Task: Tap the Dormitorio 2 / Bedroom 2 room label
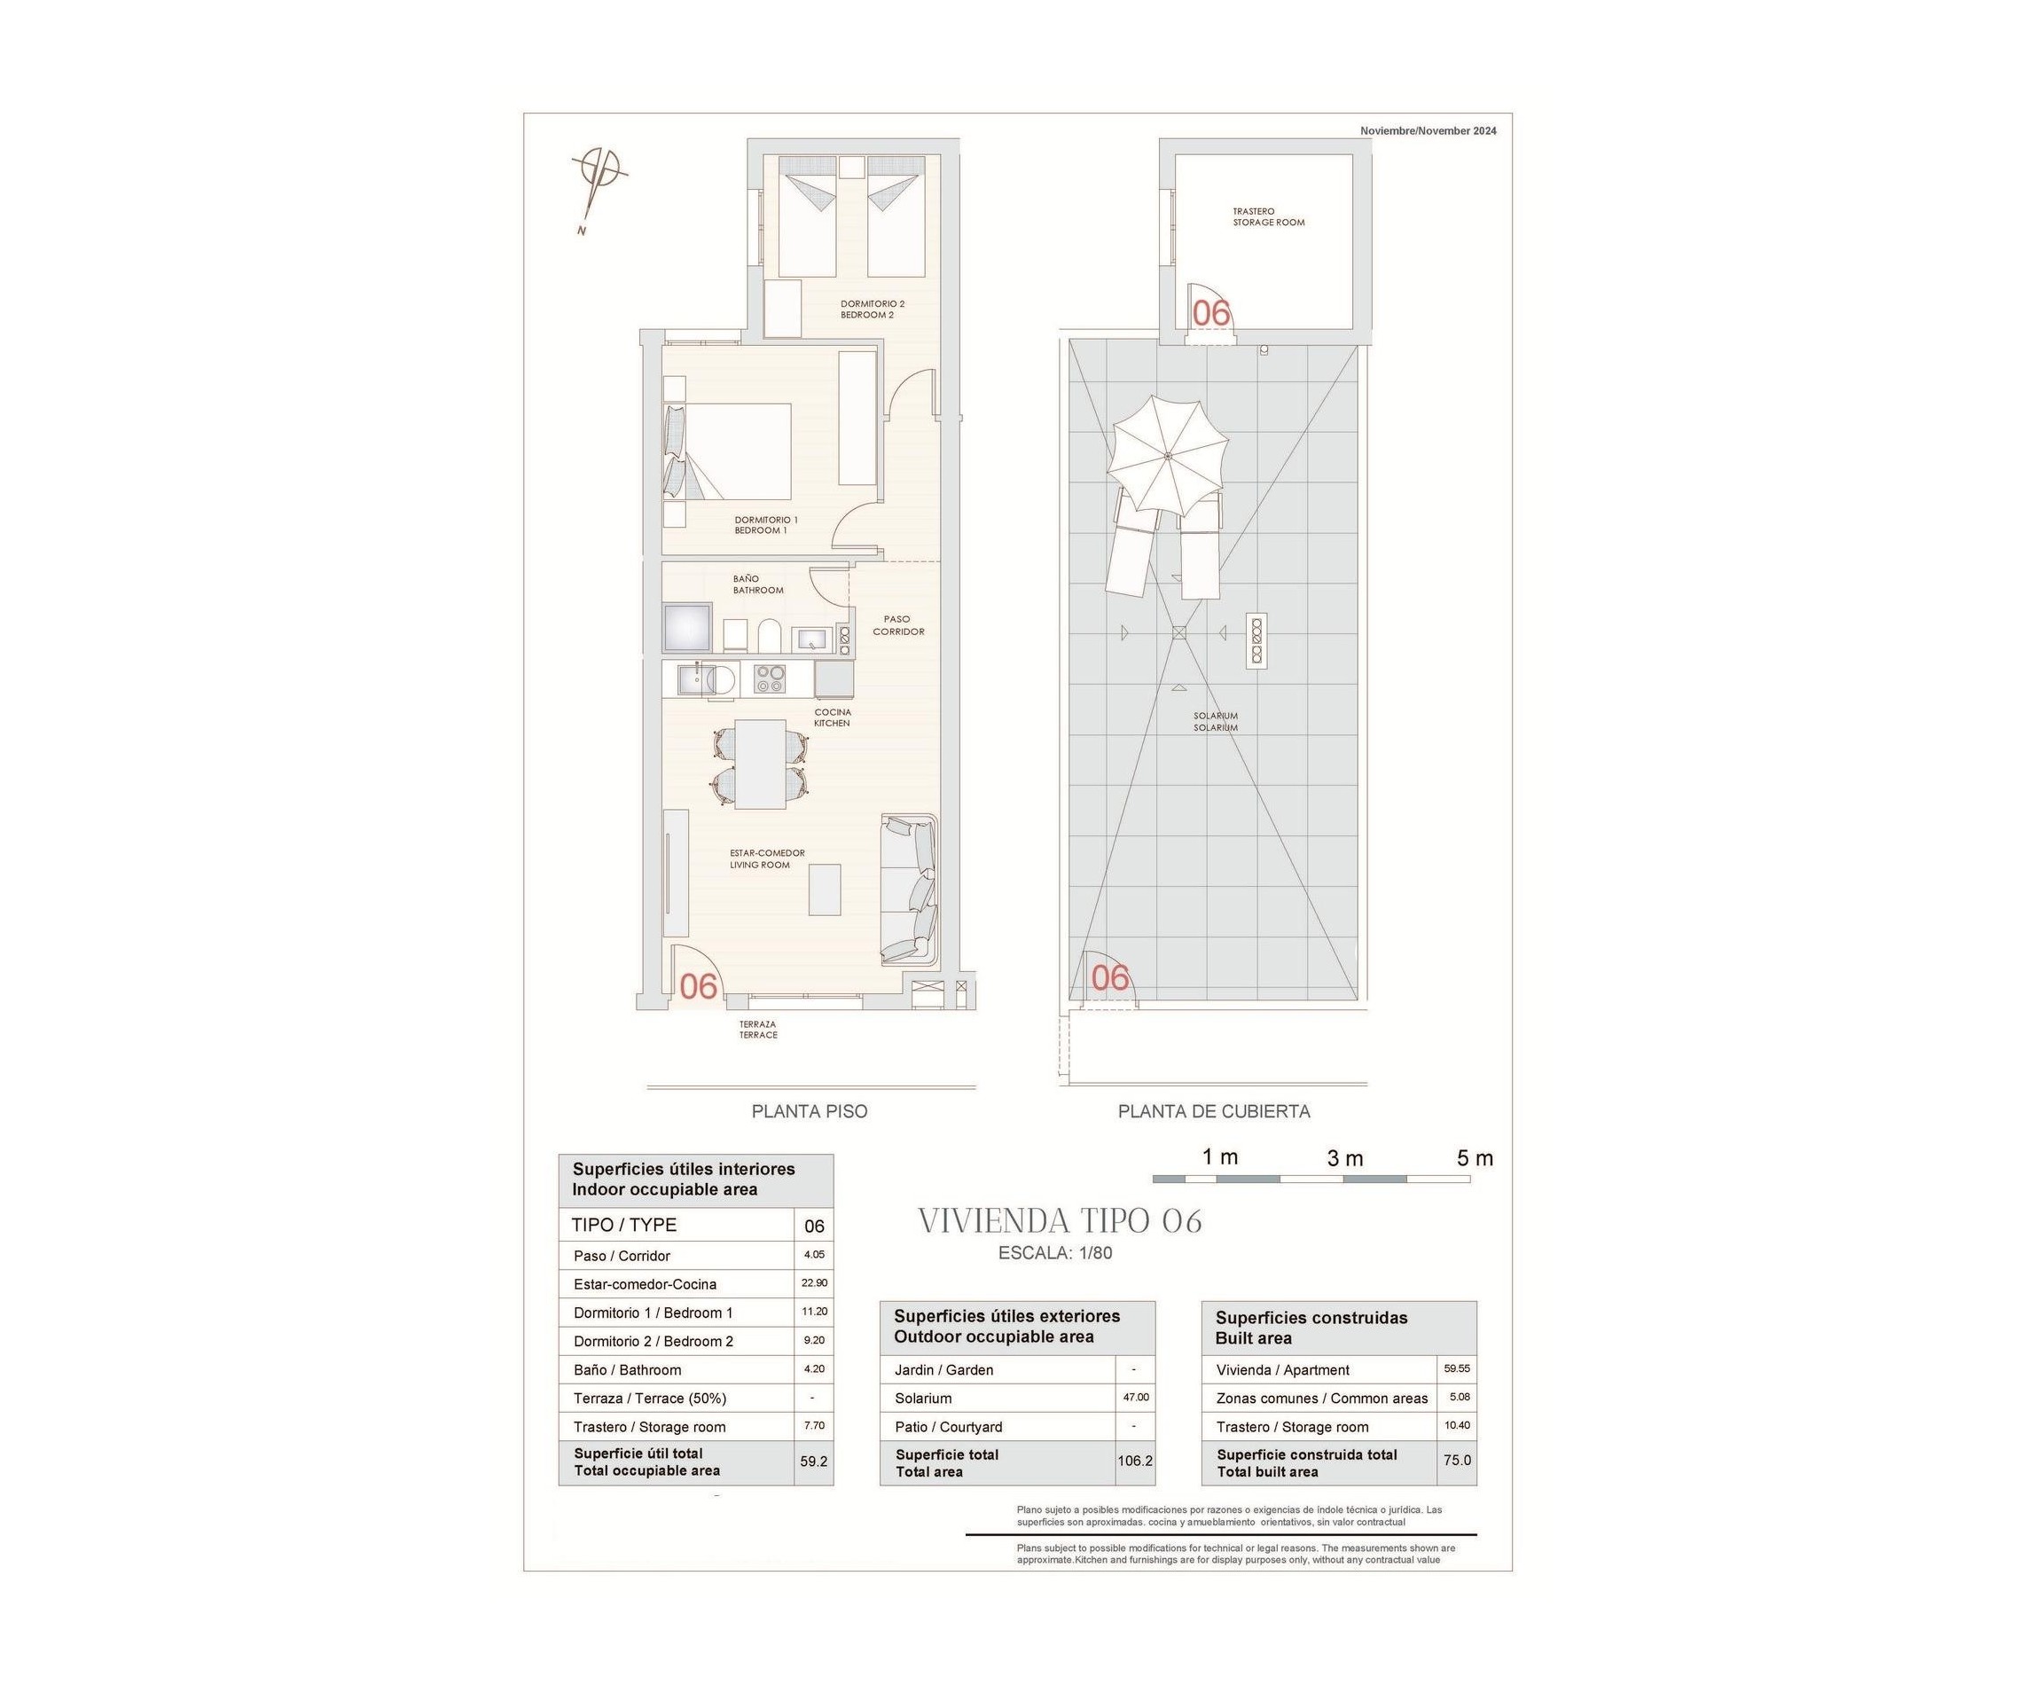click(872, 310)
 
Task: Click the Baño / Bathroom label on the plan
click(757, 584)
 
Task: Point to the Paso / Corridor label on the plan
click(897, 625)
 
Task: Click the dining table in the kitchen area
click(759, 763)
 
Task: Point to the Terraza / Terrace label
click(758, 1029)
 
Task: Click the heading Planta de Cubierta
click(1213, 1111)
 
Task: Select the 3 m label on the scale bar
click(1345, 1158)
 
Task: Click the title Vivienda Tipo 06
click(1060, 1221)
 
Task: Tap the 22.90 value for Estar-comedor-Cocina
click(813, 1282)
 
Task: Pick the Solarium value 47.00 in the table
click(1135, 1397)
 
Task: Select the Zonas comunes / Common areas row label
click(1321, 1399)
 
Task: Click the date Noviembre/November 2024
click(1428, 131)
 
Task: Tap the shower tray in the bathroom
click(687, 627)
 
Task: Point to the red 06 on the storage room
click(1210, 314)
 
